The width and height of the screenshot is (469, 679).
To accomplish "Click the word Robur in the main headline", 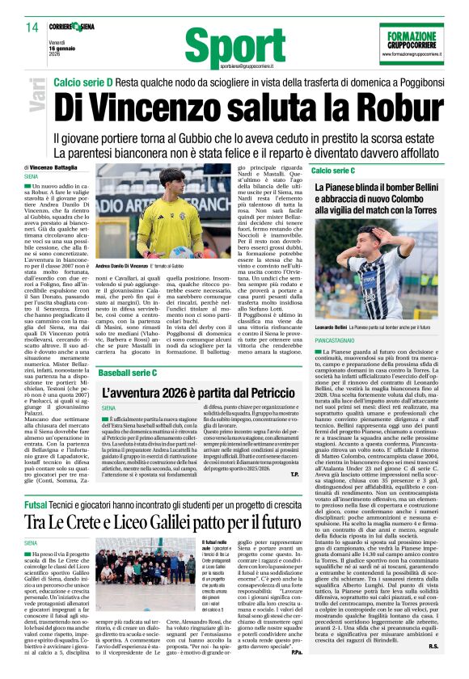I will point(387,109).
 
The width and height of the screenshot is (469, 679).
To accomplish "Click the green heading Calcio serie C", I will point(333,171).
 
